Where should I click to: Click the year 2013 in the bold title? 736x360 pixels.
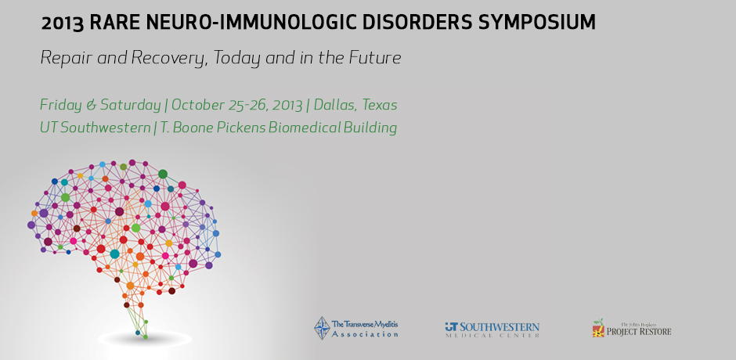click(x=63, y=23)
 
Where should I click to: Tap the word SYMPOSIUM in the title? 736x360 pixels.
click(x=536, y=22)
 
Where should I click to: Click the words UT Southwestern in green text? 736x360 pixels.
click(x=95, y=128)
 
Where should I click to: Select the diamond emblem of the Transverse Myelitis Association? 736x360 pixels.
click(x=322, y=328)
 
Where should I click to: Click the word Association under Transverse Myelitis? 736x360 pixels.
click(x=365, y=334)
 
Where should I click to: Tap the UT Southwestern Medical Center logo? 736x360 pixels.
click(x=492, y=329)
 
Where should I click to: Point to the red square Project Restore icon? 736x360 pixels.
click(x=598, y=331)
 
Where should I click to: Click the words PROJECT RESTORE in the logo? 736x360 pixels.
click(x=638, y=331)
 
